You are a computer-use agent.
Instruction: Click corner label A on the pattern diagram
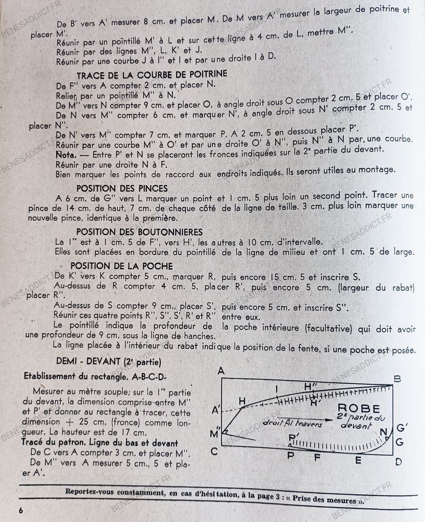[221, 371]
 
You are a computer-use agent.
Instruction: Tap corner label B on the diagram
[397, 379]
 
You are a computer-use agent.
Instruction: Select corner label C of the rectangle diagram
[214, 451]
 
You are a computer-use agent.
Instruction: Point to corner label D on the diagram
[398, 461]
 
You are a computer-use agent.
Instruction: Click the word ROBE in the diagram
[359, 408]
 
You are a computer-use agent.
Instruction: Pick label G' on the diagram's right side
[403, 427]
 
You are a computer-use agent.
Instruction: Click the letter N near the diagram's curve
[383, 432]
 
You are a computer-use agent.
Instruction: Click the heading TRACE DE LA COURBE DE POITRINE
[152, 74]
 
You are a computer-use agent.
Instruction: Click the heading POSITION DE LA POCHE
[121, 266]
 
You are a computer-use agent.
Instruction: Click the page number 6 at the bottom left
[21, 510]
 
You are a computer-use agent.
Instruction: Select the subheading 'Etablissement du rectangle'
[95, 376]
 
